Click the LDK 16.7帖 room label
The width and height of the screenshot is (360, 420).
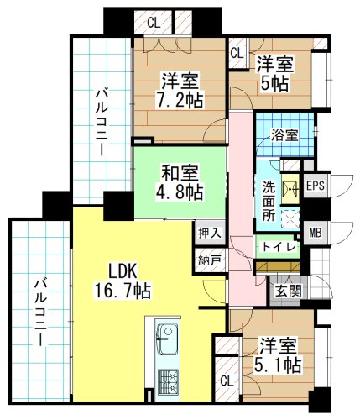tap(123, 281)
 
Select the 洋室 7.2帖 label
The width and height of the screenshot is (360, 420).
tap(180, 90)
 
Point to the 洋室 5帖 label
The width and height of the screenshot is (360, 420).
tap(275, 74)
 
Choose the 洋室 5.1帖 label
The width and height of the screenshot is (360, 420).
tap(278, 355)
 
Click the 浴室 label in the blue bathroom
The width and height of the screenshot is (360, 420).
tap(284, 135)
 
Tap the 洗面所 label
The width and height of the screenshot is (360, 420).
tap(269, 202)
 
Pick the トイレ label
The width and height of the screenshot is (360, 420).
tap(279, 247)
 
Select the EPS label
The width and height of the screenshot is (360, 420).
tap(316, 186)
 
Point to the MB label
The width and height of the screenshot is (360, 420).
tap(316, 233)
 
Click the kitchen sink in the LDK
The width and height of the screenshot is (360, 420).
tap(168, 338)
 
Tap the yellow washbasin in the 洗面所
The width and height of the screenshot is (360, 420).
tap(291, 189)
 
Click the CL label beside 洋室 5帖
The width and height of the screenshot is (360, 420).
tap(237, 53)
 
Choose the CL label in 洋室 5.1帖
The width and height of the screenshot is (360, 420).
tap(227, 381)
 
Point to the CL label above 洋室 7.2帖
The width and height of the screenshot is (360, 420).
tap(154, 23)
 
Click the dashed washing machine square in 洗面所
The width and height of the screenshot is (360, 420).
tap(290, 219)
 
